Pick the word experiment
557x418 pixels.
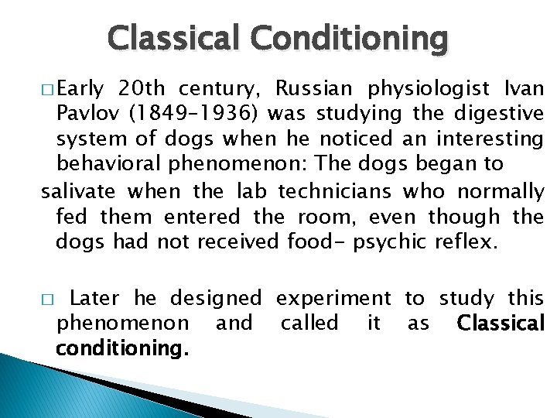pyautogui.click(x=333, y=298)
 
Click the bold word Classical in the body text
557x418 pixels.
pyautogui.click(x=501, y=323)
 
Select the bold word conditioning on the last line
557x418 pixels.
pyautogui.click(x=121, y=348)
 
